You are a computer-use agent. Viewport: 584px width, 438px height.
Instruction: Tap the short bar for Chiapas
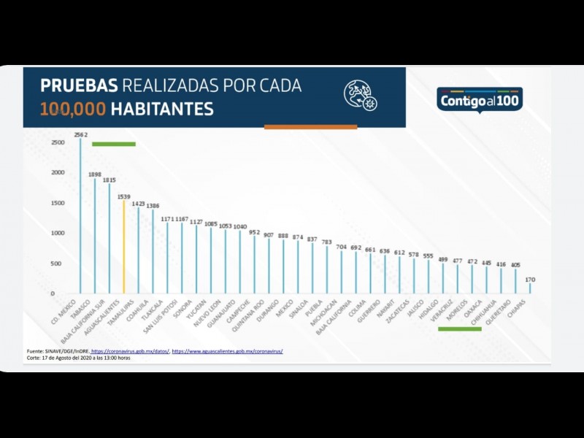(530, 288)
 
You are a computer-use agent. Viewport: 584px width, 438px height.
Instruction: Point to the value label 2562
(80, 134)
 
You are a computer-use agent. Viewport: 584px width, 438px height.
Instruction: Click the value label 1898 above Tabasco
(95, 174)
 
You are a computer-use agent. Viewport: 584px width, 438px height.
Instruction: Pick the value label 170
(530, 279)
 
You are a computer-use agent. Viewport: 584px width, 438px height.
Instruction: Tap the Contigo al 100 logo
(480, 99)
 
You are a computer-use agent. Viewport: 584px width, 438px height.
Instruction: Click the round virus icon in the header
(360, 95)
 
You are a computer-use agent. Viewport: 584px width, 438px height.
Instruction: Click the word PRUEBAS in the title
(79, 85)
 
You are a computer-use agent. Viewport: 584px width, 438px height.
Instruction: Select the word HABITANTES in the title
(163, 110)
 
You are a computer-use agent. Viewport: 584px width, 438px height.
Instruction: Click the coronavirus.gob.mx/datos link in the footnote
(131, 352)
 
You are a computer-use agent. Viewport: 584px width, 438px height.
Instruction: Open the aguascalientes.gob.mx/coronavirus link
(227, 352)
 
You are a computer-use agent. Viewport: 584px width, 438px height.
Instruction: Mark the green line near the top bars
(113, 144)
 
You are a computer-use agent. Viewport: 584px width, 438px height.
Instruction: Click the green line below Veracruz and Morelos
(459, 328)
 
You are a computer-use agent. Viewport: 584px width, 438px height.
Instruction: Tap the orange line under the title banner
(310, 127)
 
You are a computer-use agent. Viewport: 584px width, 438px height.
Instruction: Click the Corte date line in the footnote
(78, 358)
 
